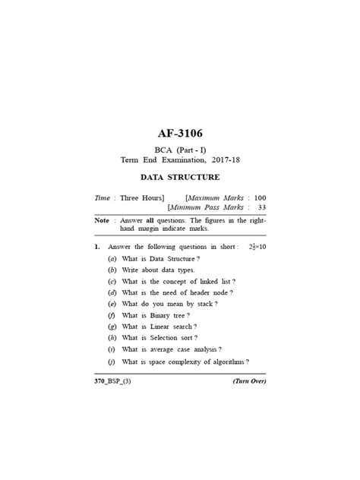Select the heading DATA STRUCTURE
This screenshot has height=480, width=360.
pos(179,177)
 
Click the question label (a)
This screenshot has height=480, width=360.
pos(112,259)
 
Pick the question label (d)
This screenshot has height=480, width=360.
pos(112,292)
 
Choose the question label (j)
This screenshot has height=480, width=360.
pos(112,362)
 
